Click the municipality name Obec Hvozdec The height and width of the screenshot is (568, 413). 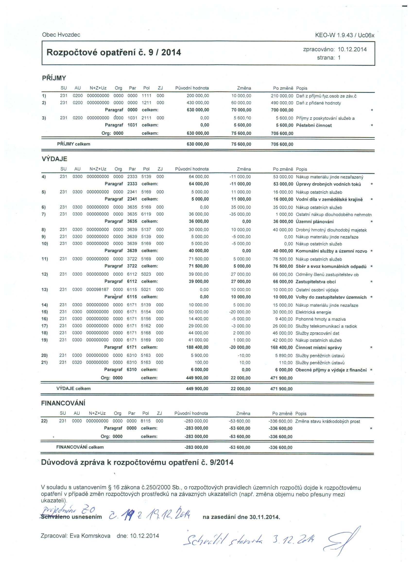click(x=61, y=35)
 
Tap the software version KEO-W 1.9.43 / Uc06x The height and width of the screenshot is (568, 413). click(x=345, y=35)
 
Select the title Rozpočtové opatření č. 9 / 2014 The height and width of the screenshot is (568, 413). click(x=114, y=52)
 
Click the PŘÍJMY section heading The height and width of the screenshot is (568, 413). click(x=54, y=78)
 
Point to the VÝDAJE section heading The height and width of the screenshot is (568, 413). click(x=54, y=159)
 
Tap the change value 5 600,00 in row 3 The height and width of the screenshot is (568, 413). click(x=242, y=118)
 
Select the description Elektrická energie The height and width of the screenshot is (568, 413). click(x=313, y=312)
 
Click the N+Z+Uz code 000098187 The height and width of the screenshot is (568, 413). click(x=97, y=290)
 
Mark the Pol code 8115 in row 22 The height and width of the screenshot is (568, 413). click(x=146, y=421)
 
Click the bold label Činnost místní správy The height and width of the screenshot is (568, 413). click(x=318, y=347)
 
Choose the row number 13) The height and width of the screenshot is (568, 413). click(x=45, y=290)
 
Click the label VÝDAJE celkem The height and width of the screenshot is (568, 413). click(x=73, y=388)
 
